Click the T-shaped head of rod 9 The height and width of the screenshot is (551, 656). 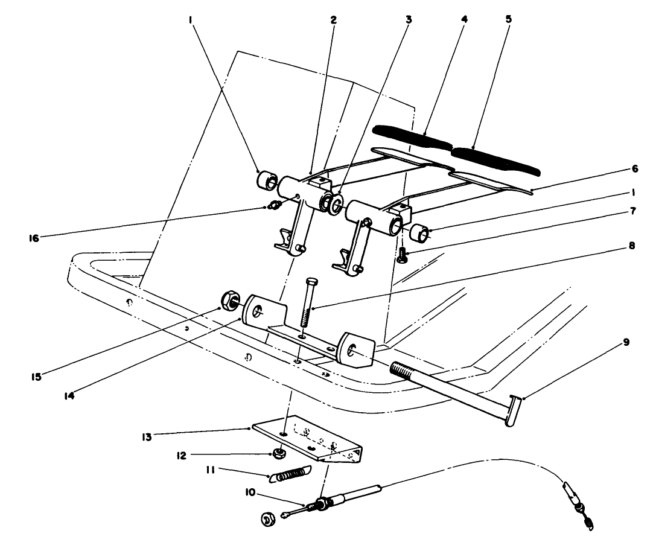coord(512,411)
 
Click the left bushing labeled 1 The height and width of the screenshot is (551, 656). coord(265,180)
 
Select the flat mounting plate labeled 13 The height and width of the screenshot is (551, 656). coord(308,438)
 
